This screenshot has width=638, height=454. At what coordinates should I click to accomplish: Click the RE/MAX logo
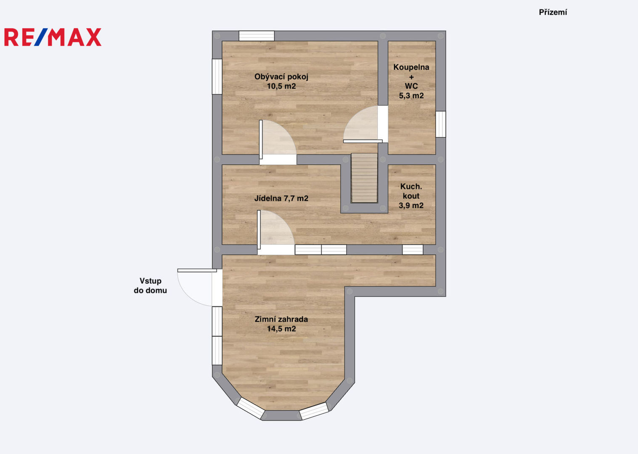pyautogui.click(x=53, y=37)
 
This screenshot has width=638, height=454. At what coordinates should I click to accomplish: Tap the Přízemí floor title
pyautogui.click(x=553, y=12)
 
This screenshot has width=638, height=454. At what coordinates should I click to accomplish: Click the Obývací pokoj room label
pyautogui.click(x=281, y=77)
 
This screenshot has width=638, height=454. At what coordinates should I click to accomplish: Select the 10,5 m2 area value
pyautogui.click(x=281, y=86)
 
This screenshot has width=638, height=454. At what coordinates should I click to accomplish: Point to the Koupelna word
pyautogui.click(x=411, y=67)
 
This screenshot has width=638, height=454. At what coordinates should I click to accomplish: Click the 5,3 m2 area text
pyautogui.click(x=411, y=96)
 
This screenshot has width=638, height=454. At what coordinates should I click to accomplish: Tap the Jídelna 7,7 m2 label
pyautogui.click(x=281, y=198)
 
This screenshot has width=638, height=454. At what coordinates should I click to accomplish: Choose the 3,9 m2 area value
pyautogui.click(x=411, y=206)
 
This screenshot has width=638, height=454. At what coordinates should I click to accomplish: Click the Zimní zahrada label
pyautogui.click(x=281, y=319)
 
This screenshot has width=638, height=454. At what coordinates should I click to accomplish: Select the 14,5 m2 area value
pyautogui.click(x=281, y=329)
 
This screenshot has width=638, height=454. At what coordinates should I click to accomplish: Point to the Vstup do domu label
pyautogui.click(x=151, y=286)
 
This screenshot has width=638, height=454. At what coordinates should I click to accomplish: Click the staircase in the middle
pyautogui.click(x=364, y=178)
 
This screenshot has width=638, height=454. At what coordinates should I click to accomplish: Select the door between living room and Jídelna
pyautogui.click(x=278, y=143)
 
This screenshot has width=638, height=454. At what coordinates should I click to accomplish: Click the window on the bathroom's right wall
pyautogui.click(x=441, y=124)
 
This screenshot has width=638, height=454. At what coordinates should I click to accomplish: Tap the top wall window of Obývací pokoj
pyautogui.click(x=257, y=36)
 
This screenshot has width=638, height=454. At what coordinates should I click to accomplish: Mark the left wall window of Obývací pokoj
pyautogui.click(x=217, y=77)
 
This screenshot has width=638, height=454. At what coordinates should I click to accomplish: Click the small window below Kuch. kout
pyautogui.click(x=413, y=250)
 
